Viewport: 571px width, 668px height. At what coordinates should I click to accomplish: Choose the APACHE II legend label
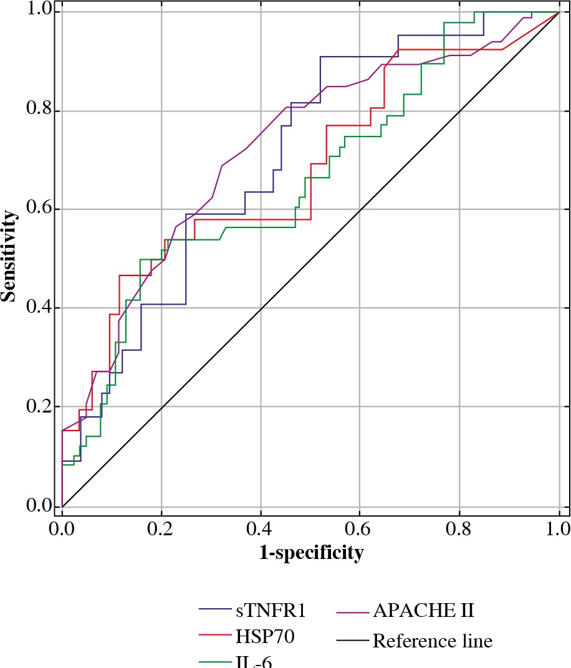[424, 611]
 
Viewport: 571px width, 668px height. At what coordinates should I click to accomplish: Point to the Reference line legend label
[433, 641]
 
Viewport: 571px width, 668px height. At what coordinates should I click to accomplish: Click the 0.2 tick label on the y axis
[39, 407]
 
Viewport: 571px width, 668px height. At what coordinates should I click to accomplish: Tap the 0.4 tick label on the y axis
[39, 308]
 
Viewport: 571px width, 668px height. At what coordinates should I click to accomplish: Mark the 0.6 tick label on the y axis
[39, 209]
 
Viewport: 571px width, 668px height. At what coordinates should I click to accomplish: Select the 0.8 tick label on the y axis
[39, 111]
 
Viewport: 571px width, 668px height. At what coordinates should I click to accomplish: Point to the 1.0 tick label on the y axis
[39, 12]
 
